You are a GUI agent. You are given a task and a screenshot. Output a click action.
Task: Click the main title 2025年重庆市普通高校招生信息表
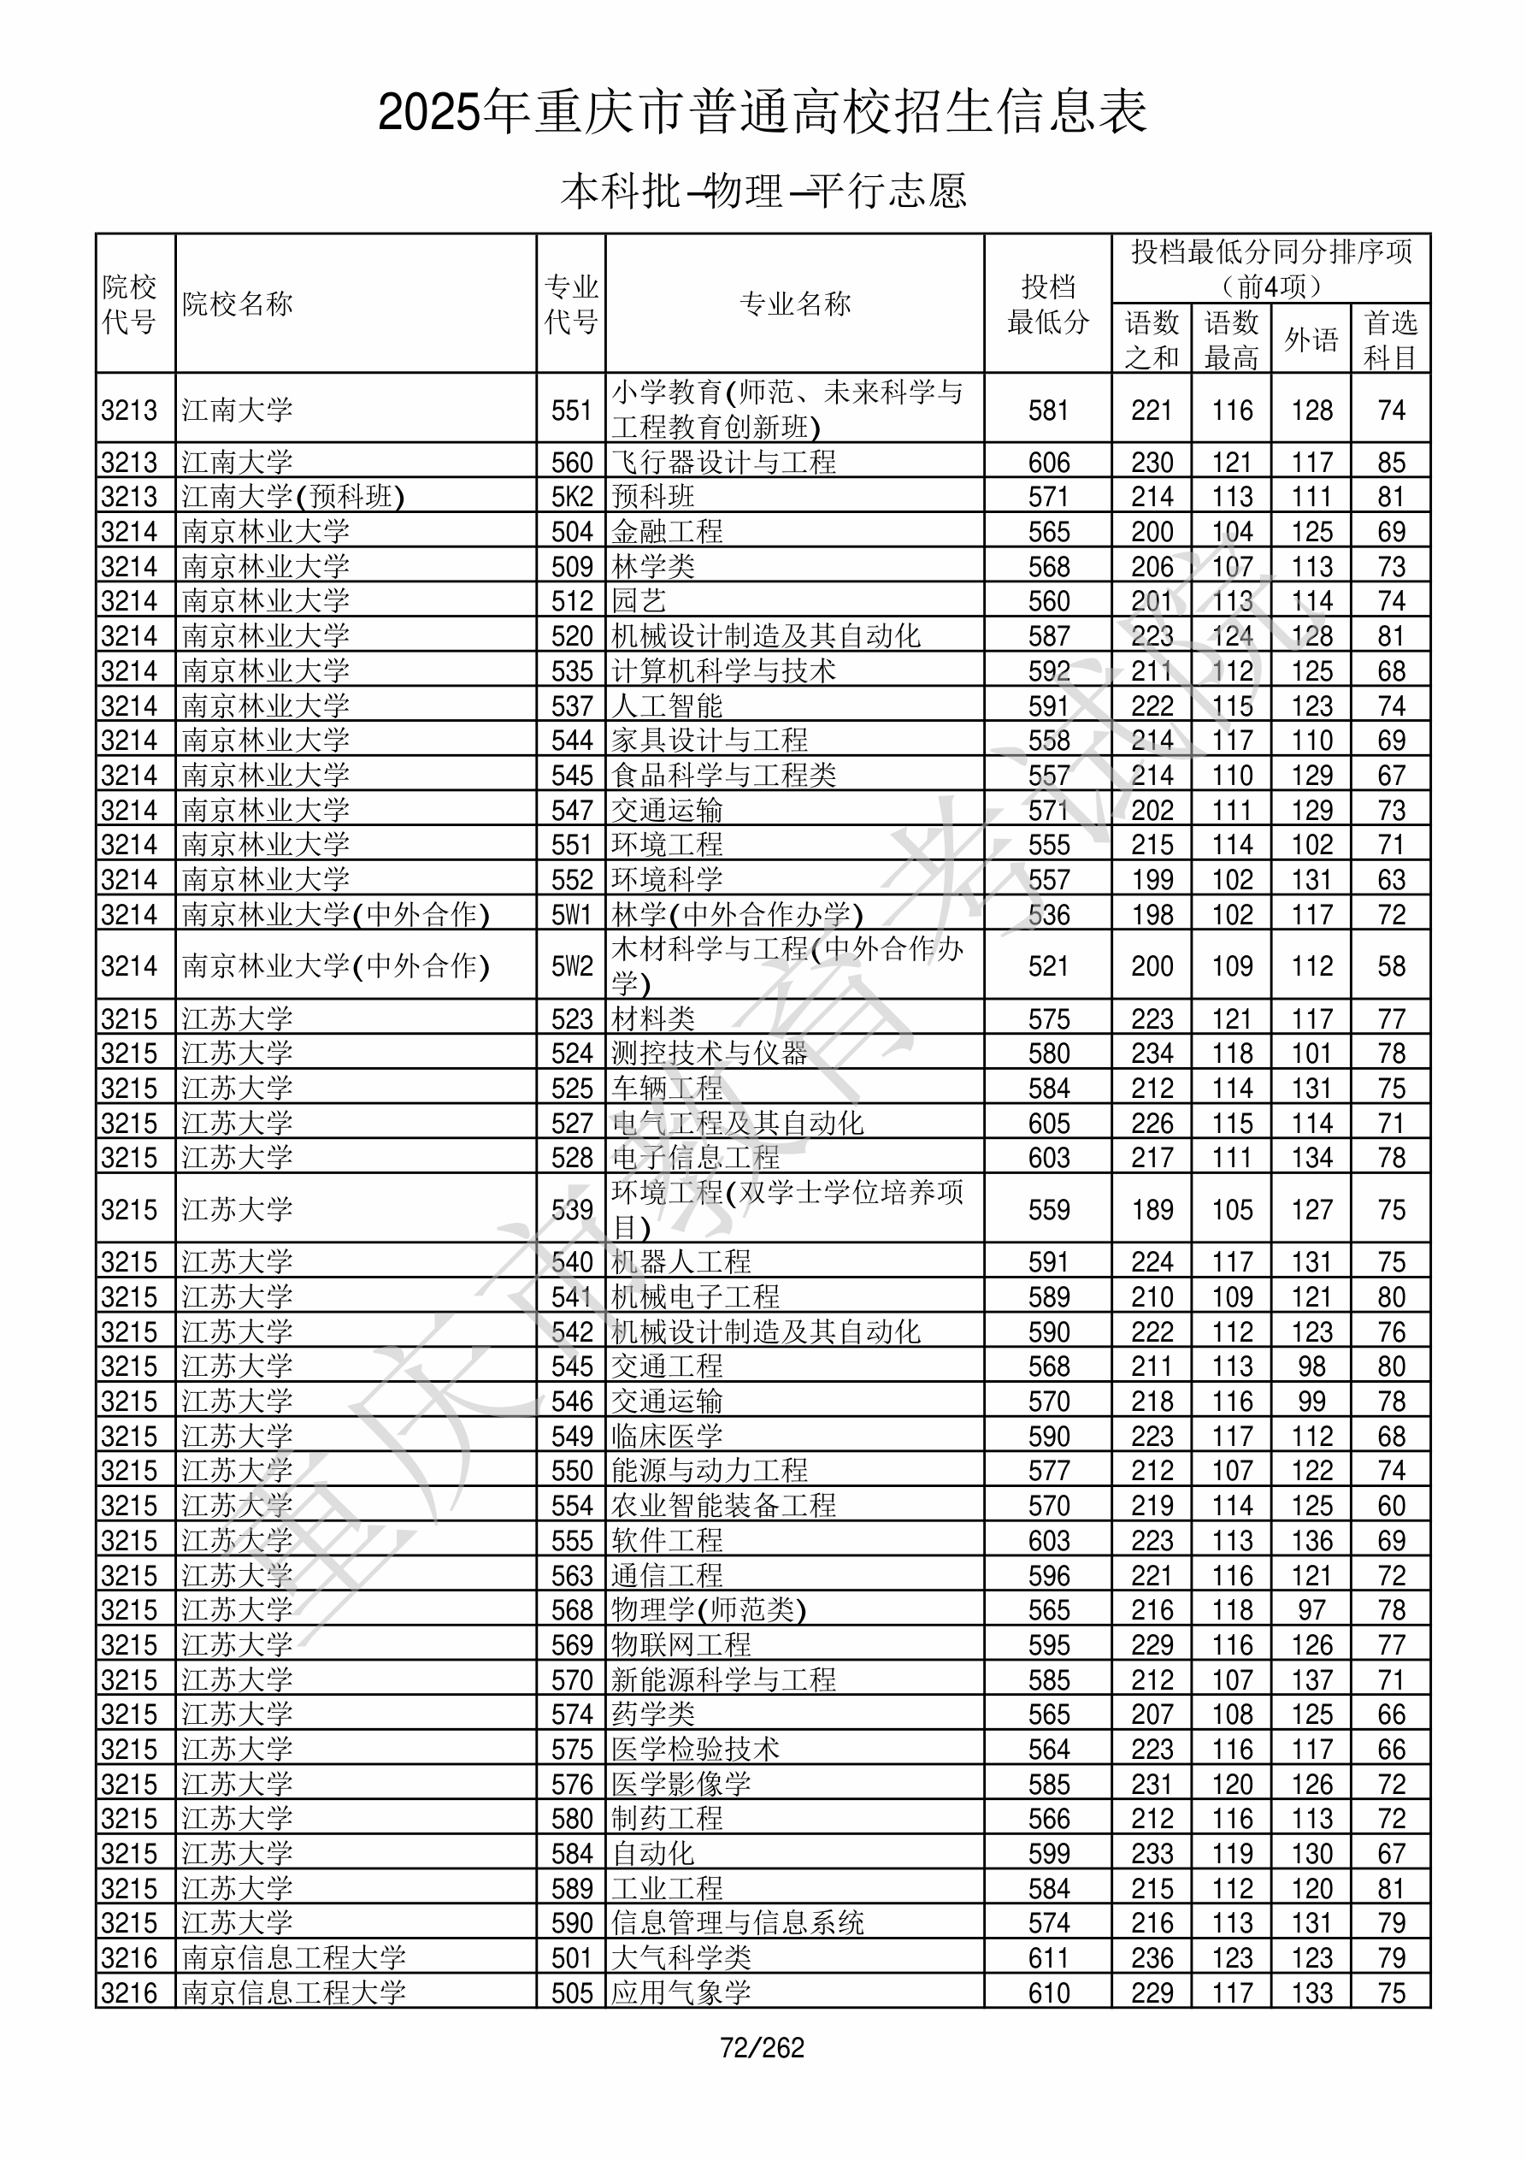762,112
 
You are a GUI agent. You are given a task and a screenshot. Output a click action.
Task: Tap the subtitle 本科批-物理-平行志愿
762,191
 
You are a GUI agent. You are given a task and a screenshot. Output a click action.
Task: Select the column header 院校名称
237,304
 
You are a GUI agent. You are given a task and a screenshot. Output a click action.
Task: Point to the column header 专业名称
795,304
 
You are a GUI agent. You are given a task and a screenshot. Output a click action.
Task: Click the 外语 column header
1311,339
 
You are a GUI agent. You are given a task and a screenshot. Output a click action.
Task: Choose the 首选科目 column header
1391,339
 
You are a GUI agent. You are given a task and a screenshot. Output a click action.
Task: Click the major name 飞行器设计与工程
723,462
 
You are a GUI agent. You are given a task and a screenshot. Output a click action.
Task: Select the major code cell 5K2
572,497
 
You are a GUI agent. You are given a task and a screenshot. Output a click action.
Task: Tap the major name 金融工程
667,532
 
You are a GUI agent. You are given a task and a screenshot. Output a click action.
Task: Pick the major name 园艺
639,601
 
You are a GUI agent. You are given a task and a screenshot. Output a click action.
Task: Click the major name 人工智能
667,705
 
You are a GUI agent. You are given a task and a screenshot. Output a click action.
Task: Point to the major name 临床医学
667,1437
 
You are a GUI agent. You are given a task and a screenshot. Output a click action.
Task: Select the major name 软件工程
667,1541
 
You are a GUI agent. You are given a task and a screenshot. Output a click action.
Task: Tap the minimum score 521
1048,966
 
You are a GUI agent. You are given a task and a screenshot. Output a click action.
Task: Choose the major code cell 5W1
572,914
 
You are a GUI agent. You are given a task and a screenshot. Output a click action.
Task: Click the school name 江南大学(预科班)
292,497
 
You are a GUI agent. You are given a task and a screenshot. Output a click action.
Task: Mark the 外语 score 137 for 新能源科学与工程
1311,1680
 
